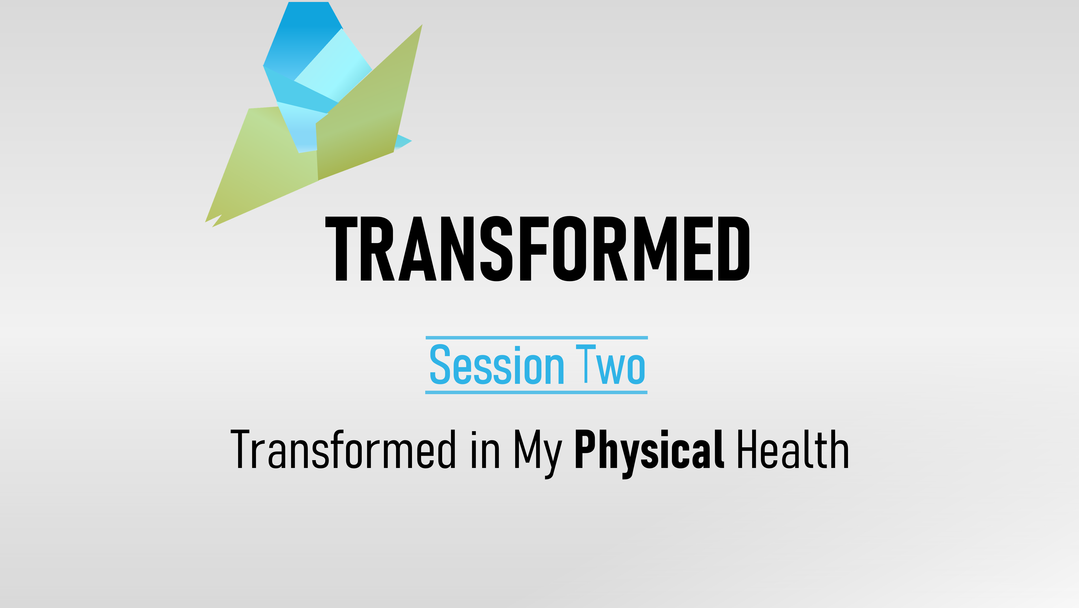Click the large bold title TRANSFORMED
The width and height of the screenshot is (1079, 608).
[x=537, y=248]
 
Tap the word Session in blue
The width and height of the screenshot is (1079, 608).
[x=497, y=364]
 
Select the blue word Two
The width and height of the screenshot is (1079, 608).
[x=610, y=364]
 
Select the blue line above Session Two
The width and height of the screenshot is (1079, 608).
[x=537, y=337]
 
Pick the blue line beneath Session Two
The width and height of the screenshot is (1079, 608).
[x=536, y=392]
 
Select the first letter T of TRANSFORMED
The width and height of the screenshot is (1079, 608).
[x=341, y=248]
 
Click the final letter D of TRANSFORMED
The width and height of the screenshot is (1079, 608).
[x=734, y=248]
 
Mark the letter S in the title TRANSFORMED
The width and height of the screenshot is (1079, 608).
[x=496, y=248]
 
